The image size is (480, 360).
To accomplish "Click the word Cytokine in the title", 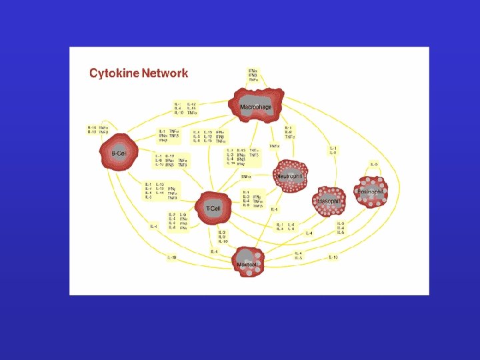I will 115,73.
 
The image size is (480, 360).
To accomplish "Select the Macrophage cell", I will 256,107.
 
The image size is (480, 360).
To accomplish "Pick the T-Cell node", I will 213,207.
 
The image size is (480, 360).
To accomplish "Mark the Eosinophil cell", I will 371,191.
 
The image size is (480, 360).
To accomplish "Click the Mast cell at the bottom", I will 248,263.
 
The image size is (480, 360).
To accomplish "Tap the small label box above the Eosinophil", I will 374,164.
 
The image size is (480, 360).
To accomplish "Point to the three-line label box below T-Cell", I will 223,237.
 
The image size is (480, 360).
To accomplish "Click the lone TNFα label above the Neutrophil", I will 246,177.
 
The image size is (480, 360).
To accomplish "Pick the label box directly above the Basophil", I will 333,151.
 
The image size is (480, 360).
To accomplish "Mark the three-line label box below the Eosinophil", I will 341,227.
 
